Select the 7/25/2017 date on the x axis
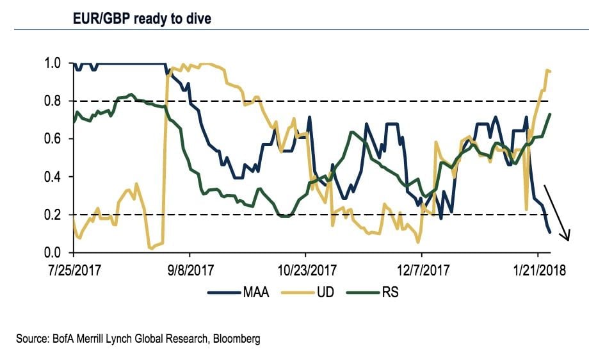point(74,270)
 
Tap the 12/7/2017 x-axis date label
point(421,270)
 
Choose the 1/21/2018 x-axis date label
point(537,270)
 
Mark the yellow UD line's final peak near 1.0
point(548,70)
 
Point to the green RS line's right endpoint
point(551,114)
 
